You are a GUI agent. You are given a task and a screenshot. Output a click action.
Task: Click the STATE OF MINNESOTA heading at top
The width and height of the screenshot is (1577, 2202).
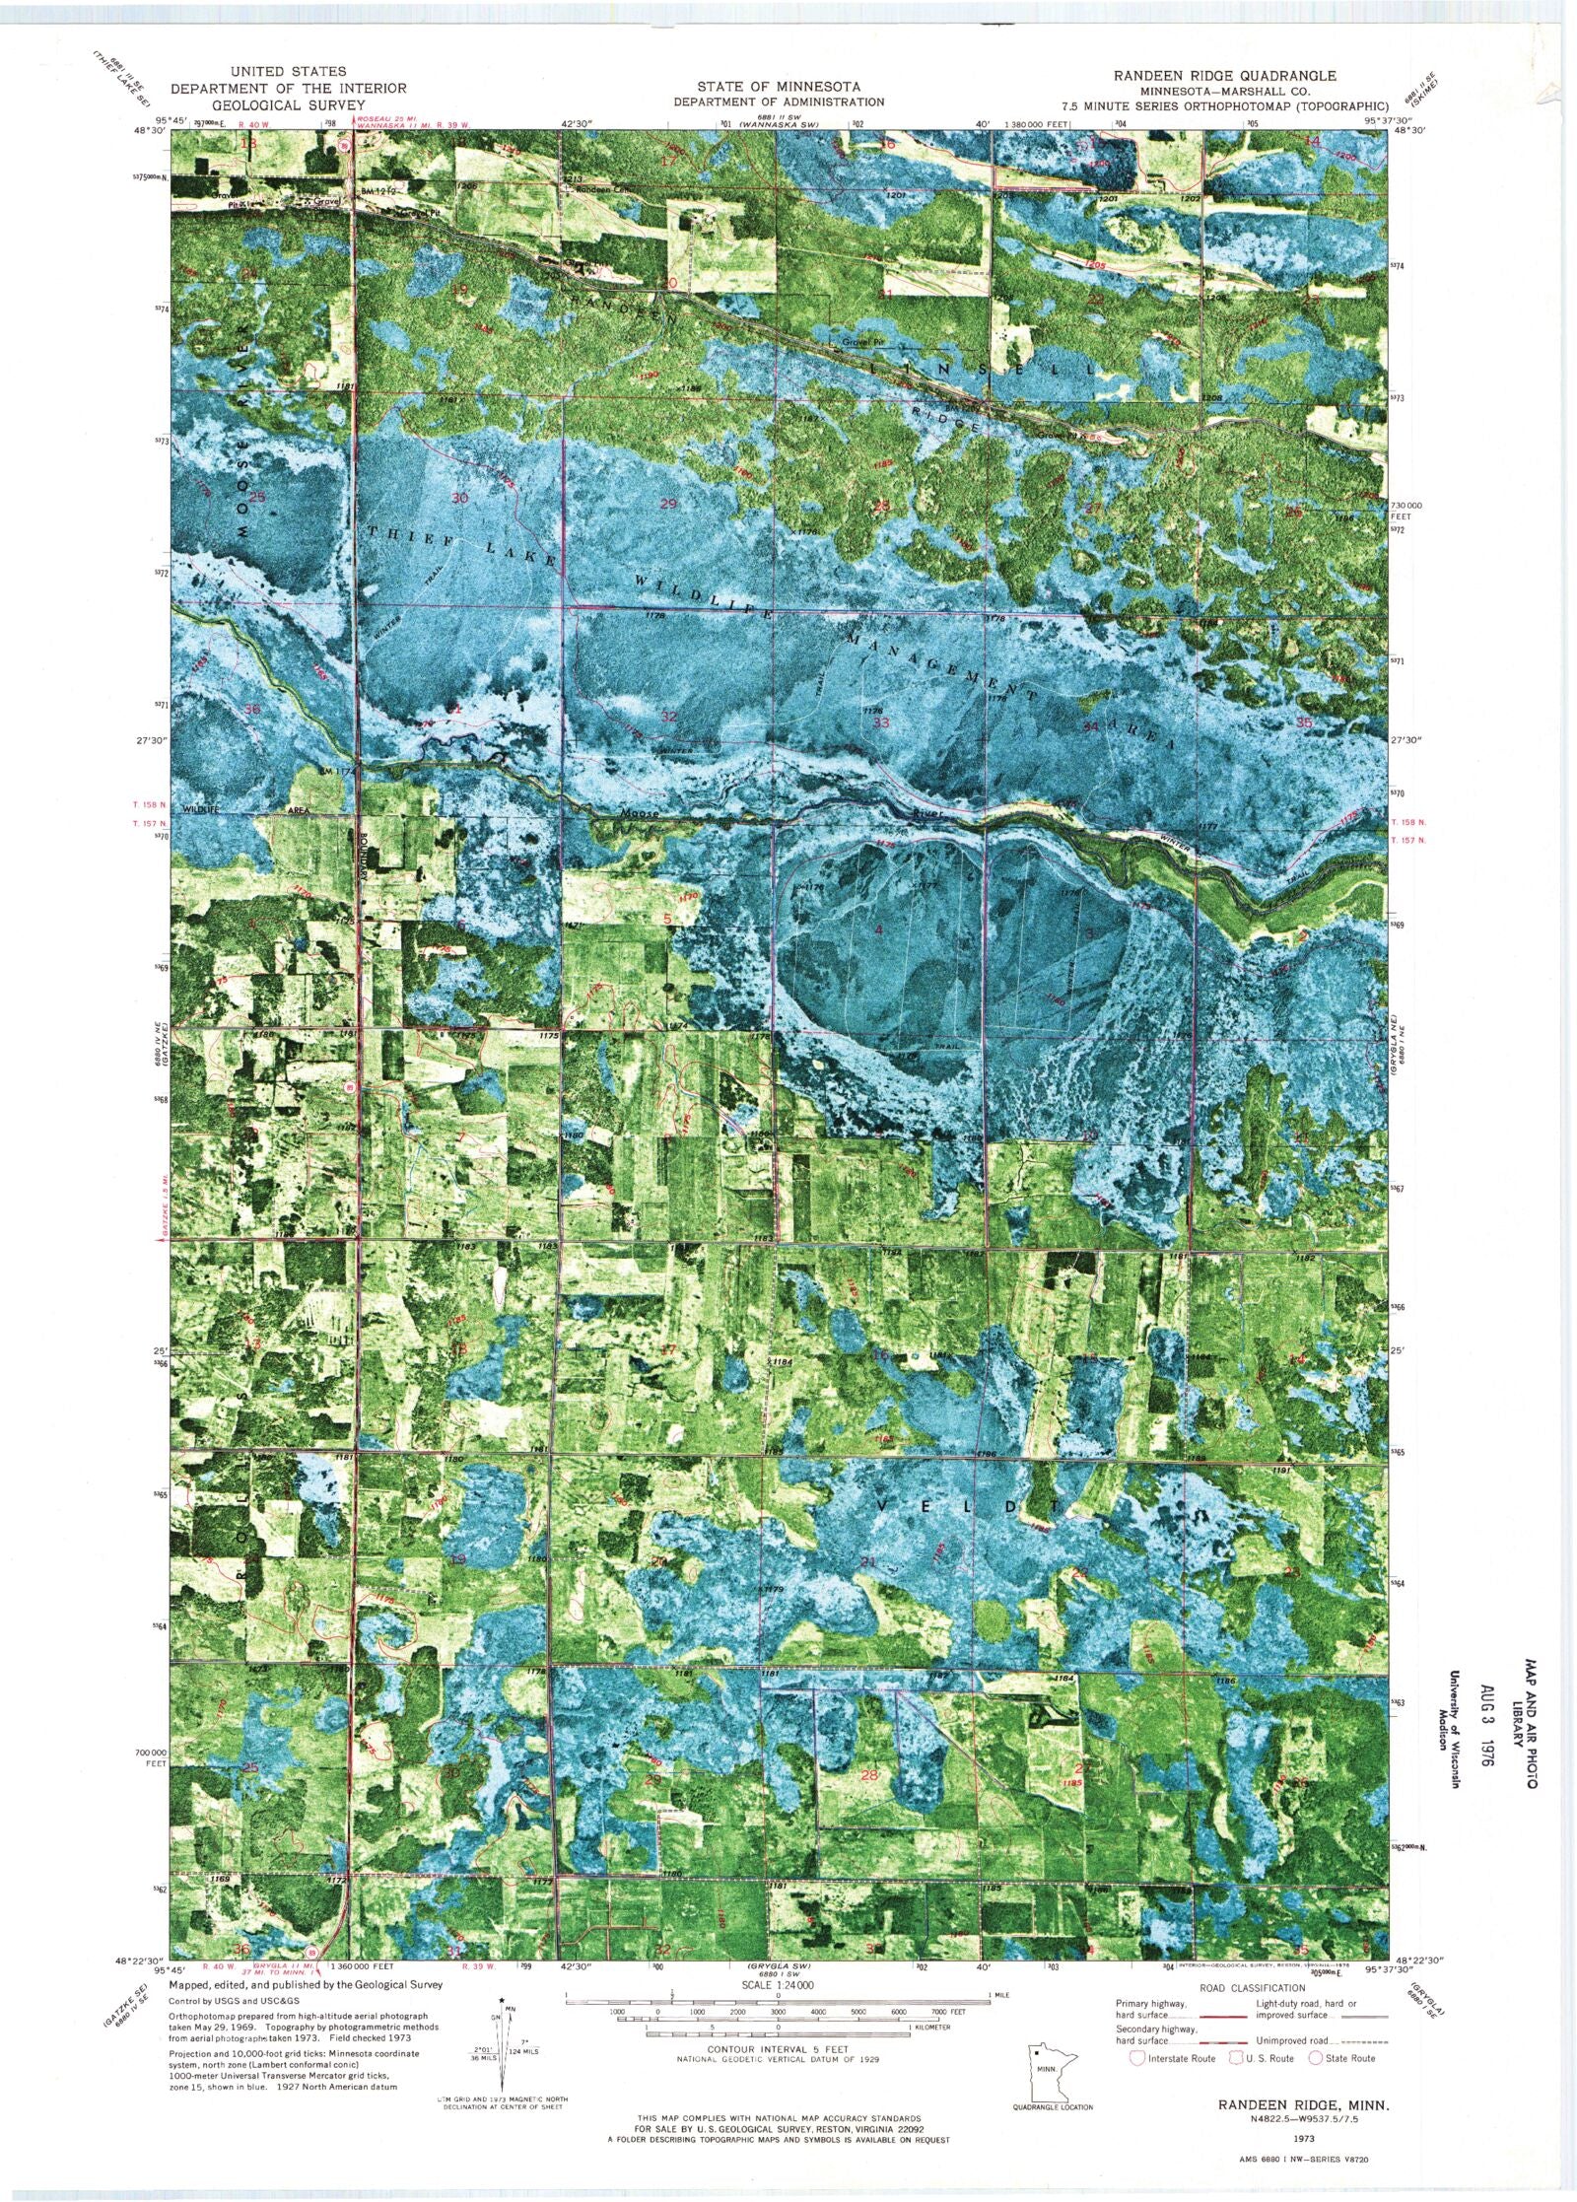(x=779, y=87)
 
